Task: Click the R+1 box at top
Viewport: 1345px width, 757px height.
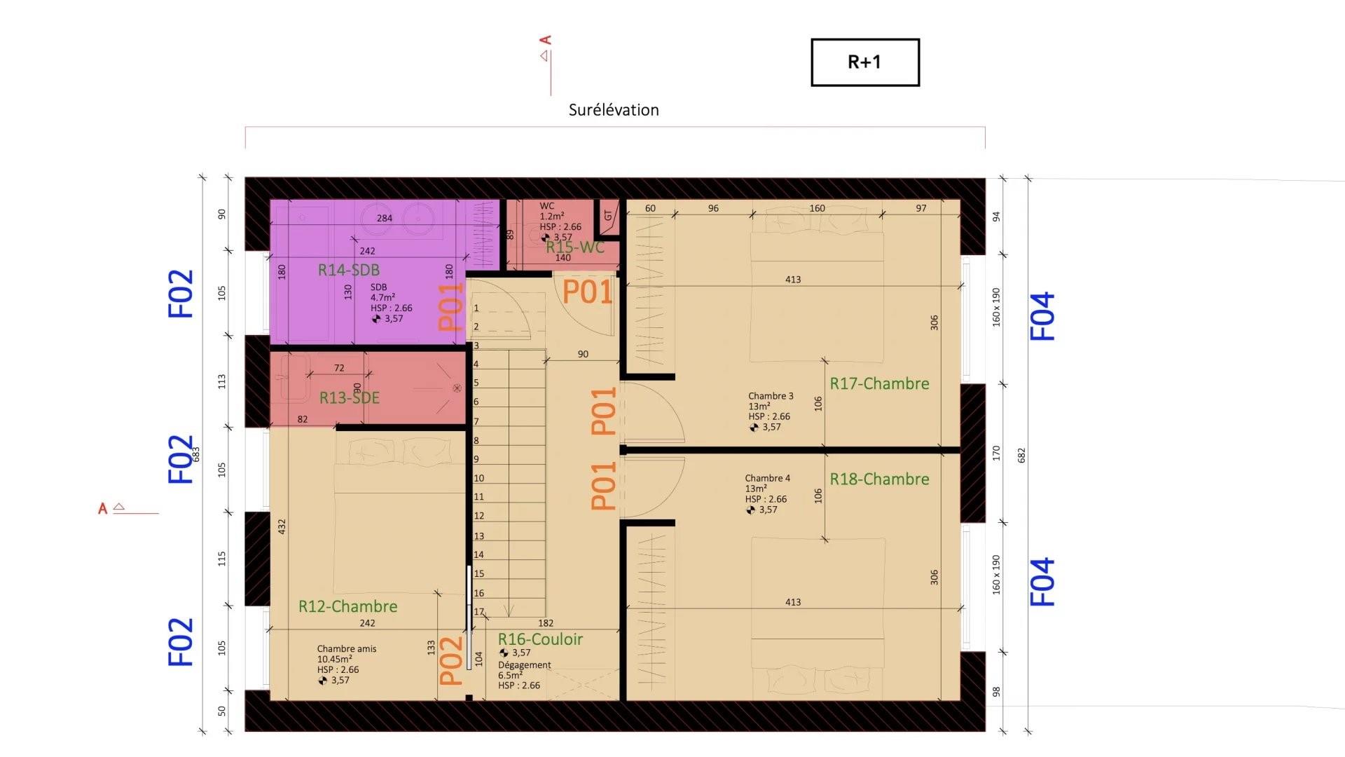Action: pyautogui.click(x=864, y=62)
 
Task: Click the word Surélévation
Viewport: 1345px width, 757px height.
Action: pyautogui.click(x=614, y=110)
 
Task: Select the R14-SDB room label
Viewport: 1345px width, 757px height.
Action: pyautogui.click(x=349, y=270)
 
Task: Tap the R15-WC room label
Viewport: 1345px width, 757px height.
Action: pyautogui.click(x=574, y=247)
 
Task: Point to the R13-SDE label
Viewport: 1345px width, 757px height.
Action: pyautogui.click(x=350, y=398)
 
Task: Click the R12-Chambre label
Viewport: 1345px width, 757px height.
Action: pyautogui.click(x=347, y=606)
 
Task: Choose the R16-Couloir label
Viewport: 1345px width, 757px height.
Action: pyautogui.click(x=540, y=639)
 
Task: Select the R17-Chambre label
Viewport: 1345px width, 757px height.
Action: pyautogui.click(x=879, y=383)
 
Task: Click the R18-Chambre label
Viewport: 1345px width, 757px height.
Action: pyautogui.click(x=879, y=479)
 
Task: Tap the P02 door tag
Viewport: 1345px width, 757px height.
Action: pyautogui.click(x=452, y=660)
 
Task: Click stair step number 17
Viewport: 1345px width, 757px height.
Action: pyautogui.click(x=479, y=612)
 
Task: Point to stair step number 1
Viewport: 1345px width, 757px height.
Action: pyautogui.click(x=476, y=308)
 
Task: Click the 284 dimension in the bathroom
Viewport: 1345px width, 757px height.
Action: pyautogui.click(x=385, y=218)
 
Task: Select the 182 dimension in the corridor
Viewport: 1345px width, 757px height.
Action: pyautogui.click(x=546, y=623)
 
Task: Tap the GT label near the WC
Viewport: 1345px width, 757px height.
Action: pyautogui.click(x=608, y=216)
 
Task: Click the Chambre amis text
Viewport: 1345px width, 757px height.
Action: pyautogui.click(x=346, y=649)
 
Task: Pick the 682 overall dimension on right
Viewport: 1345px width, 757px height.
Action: pyautogui.click(x=1021, y=456)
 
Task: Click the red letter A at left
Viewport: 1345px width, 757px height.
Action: pyautogui.click(x=103, y=509)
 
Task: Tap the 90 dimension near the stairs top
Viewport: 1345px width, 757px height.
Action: pyautogui.click(x=583, y=355)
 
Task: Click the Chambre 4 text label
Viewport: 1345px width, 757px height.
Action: pyautogui.click(x=767, y=478)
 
